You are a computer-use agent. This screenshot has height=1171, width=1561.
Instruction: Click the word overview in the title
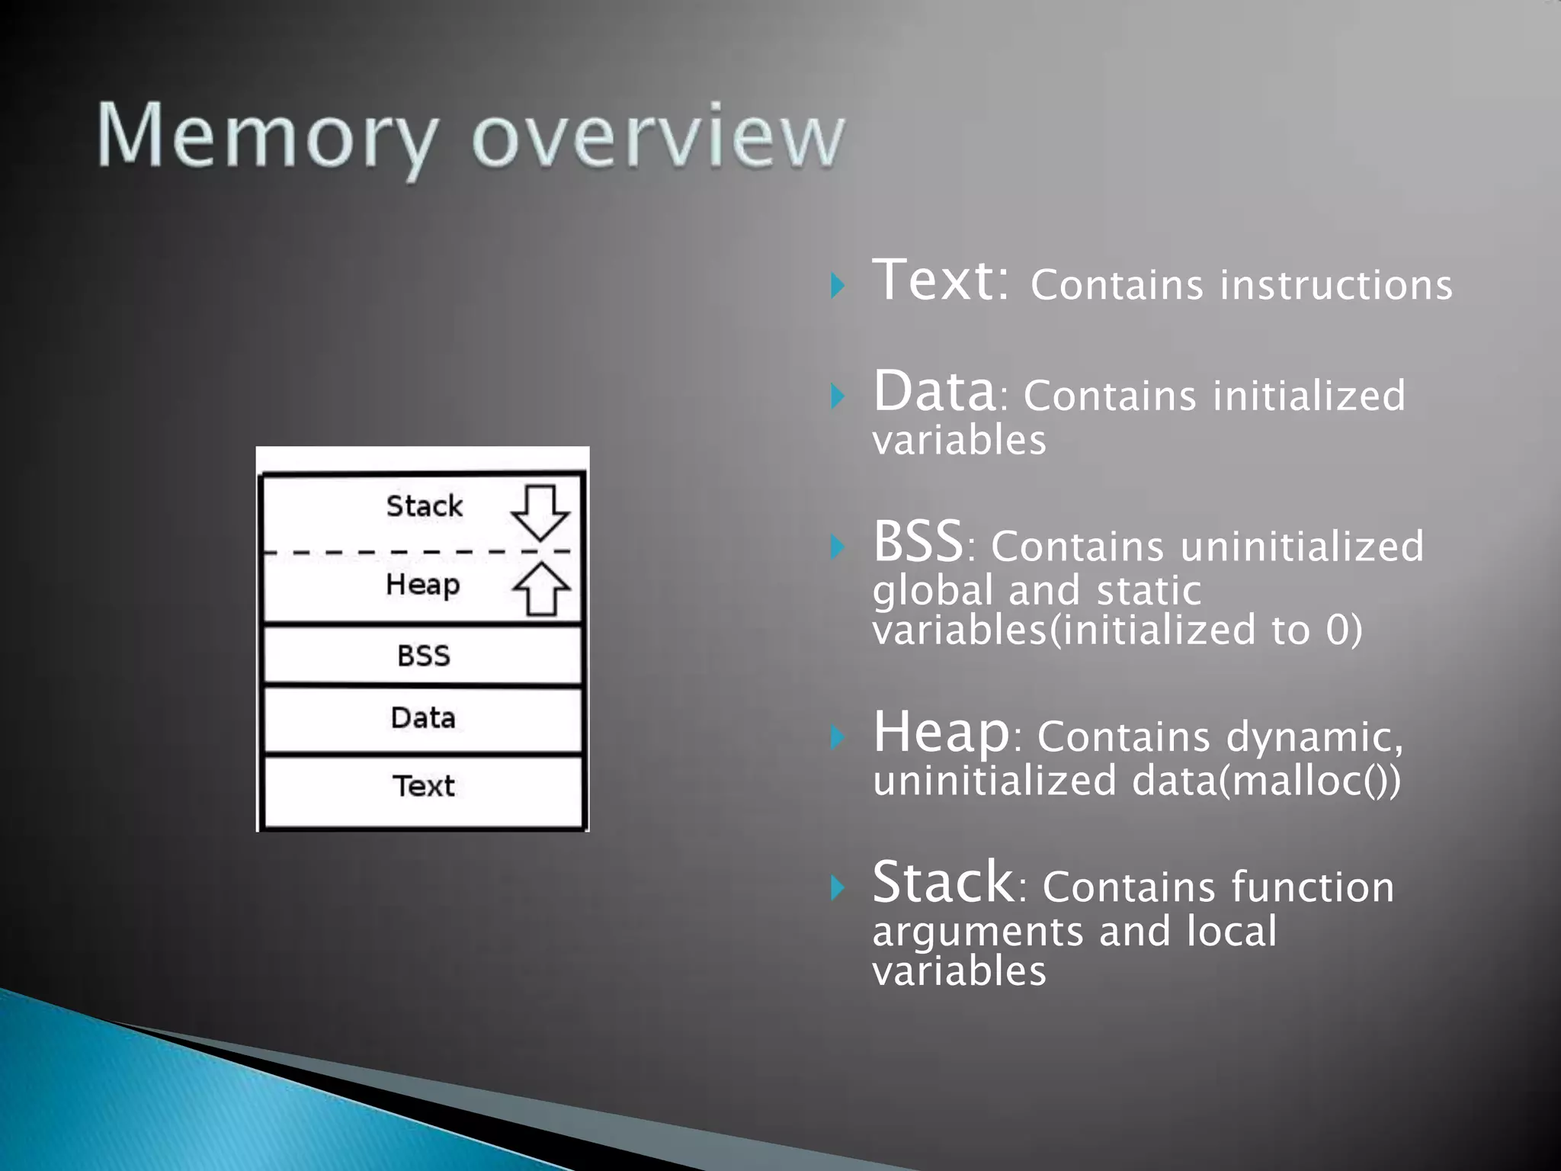[x=658, y=137]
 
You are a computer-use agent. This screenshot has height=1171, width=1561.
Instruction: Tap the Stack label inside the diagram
[x=424, y=506]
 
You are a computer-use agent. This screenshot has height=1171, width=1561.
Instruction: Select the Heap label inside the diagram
[x=423, y=585]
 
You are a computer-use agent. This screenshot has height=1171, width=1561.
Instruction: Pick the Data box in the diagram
[x=423, y=718]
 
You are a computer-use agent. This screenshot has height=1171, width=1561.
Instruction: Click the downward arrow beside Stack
[x=540, y=512]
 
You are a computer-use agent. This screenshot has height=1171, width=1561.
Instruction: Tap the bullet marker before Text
[x=838, y=285]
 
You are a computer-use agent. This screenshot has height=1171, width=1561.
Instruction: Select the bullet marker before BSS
[x=838, y=547]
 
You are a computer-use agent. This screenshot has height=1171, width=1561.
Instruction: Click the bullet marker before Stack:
[x=838, y=887]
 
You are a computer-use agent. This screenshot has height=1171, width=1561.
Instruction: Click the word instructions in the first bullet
[x=1336, y=285]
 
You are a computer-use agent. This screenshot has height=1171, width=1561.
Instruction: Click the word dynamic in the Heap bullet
[x=1313, y=738]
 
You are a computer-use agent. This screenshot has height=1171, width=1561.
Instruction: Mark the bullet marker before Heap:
[x=838, y=737]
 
